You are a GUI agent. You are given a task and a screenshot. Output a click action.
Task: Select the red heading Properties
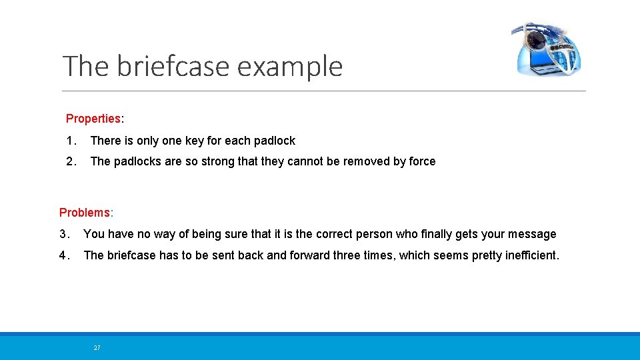click(x=93, y=119)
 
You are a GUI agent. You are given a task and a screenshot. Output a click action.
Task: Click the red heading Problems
click(x=85, y=213)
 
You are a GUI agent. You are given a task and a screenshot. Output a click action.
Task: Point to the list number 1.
click(x=70, y=141)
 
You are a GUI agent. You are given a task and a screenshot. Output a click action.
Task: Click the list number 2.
click(x=71, y=161)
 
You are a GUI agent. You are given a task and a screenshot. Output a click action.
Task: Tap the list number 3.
click(x=63, y=234)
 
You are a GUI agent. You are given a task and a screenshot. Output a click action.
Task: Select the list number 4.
click(x=63, y=255)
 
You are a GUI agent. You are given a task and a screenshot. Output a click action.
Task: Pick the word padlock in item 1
click(x=273, y=141)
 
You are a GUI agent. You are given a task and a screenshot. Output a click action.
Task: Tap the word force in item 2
click(x=421, y=161)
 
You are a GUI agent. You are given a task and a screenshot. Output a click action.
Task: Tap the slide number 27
click(x=97, y=348)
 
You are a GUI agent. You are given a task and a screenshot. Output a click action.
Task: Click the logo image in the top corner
click(x=547, y=49)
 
